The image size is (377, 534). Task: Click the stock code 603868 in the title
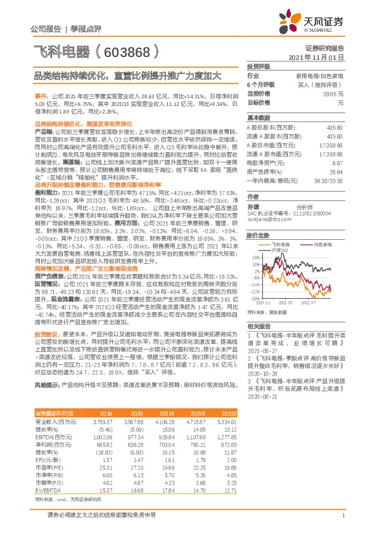click(x=129, y=49)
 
